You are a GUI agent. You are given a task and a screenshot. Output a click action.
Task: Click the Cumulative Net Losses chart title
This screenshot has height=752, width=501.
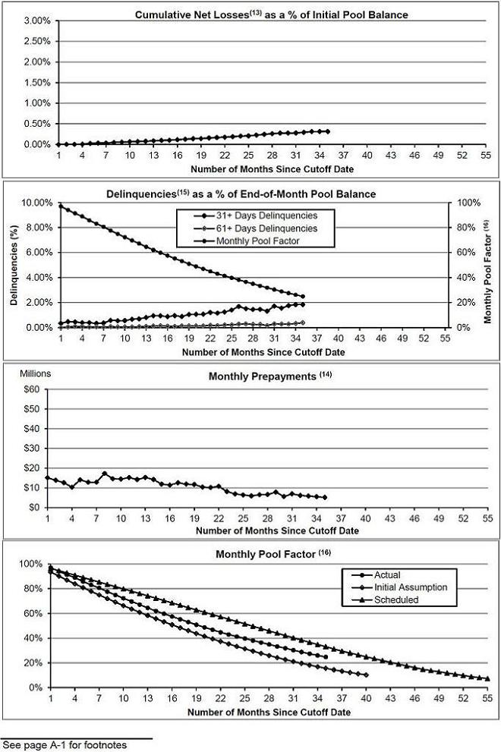271,14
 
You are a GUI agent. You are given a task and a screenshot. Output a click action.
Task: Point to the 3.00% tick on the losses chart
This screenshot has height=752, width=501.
37,20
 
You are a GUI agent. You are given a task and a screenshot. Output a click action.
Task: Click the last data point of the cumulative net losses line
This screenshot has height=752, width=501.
328,131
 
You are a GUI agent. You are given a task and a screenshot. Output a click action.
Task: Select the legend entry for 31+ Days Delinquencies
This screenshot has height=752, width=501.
260,216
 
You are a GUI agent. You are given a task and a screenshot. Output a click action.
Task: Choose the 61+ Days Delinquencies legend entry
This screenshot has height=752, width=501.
260,228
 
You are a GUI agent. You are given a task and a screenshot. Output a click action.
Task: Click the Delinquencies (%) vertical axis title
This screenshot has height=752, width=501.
14,266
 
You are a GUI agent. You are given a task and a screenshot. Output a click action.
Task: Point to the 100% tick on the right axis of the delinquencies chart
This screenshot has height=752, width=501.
468,203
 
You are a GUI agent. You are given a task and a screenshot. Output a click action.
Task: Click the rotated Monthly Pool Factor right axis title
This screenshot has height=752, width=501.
488,272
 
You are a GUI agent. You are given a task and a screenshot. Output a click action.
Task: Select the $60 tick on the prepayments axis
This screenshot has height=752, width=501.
32,389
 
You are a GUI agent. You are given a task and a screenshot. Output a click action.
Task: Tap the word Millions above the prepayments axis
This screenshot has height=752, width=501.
35,373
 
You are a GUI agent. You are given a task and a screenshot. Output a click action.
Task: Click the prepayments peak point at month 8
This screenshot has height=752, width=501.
105,474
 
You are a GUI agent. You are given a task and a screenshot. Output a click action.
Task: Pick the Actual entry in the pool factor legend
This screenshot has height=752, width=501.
376,574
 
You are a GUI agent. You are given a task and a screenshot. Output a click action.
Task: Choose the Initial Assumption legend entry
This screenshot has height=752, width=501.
399,587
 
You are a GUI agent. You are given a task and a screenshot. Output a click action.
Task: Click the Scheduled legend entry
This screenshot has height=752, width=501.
385,599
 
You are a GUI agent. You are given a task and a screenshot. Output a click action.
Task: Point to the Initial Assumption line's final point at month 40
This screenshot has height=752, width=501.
366,675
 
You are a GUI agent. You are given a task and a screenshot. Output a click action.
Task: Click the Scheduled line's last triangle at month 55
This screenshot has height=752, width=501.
487,678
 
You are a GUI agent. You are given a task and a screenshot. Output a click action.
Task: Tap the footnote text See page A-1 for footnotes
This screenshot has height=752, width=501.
65,745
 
